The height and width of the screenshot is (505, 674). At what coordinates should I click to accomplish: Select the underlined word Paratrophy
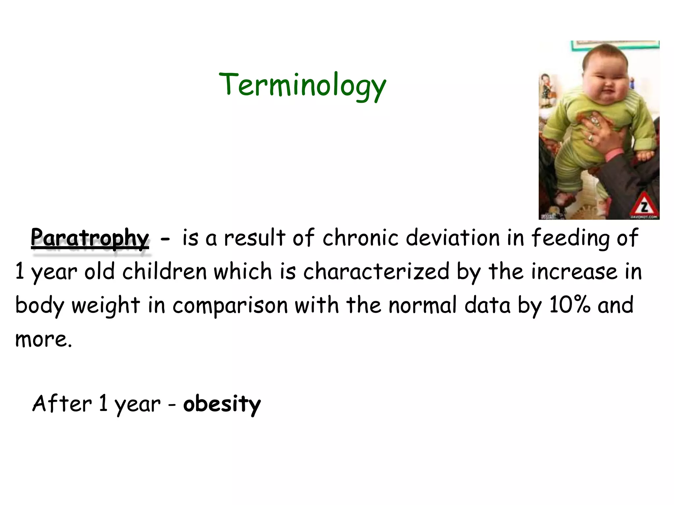tap(90, 237)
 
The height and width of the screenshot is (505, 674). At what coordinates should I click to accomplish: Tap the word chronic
tap(360, 237)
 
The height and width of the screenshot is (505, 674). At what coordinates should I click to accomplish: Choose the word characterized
tap(376, 272)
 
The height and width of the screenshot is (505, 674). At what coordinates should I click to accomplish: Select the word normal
tap(423, 305)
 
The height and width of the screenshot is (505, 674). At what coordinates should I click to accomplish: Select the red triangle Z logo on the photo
tap(644, 206)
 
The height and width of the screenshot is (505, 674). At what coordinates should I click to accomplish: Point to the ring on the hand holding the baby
tap(591, 137)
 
